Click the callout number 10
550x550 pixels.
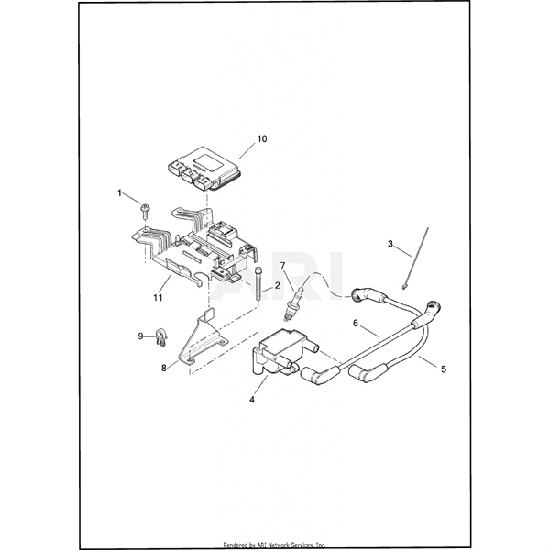tap(262, 139)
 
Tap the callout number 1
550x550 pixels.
tap(119, 192)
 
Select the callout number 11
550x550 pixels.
tap(158, 297)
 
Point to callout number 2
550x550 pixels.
tap(277, 285)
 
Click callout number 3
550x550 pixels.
tap(390, 244)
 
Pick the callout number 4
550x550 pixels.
tap(252, 400)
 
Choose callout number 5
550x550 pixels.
tap(444, 369)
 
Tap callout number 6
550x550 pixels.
tap(356, 323)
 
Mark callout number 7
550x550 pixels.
tap(282, 266)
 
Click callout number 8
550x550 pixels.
tap(164, 368)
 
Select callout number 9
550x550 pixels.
tap(140, 336)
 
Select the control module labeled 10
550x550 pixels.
tap(203, 169)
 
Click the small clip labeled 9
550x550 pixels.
tap(161, 337)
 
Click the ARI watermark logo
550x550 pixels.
tap(276, 276)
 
